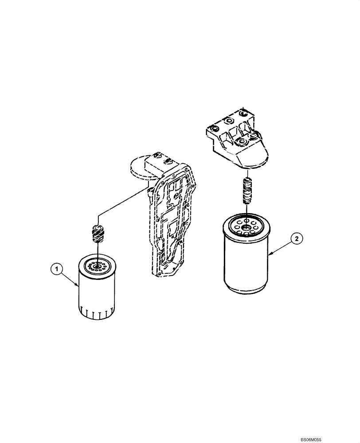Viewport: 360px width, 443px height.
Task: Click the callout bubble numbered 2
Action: point(297,239)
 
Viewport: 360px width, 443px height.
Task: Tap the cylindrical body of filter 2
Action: point(246,266)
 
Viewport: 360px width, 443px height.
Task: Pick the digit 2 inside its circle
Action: point(297,239)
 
